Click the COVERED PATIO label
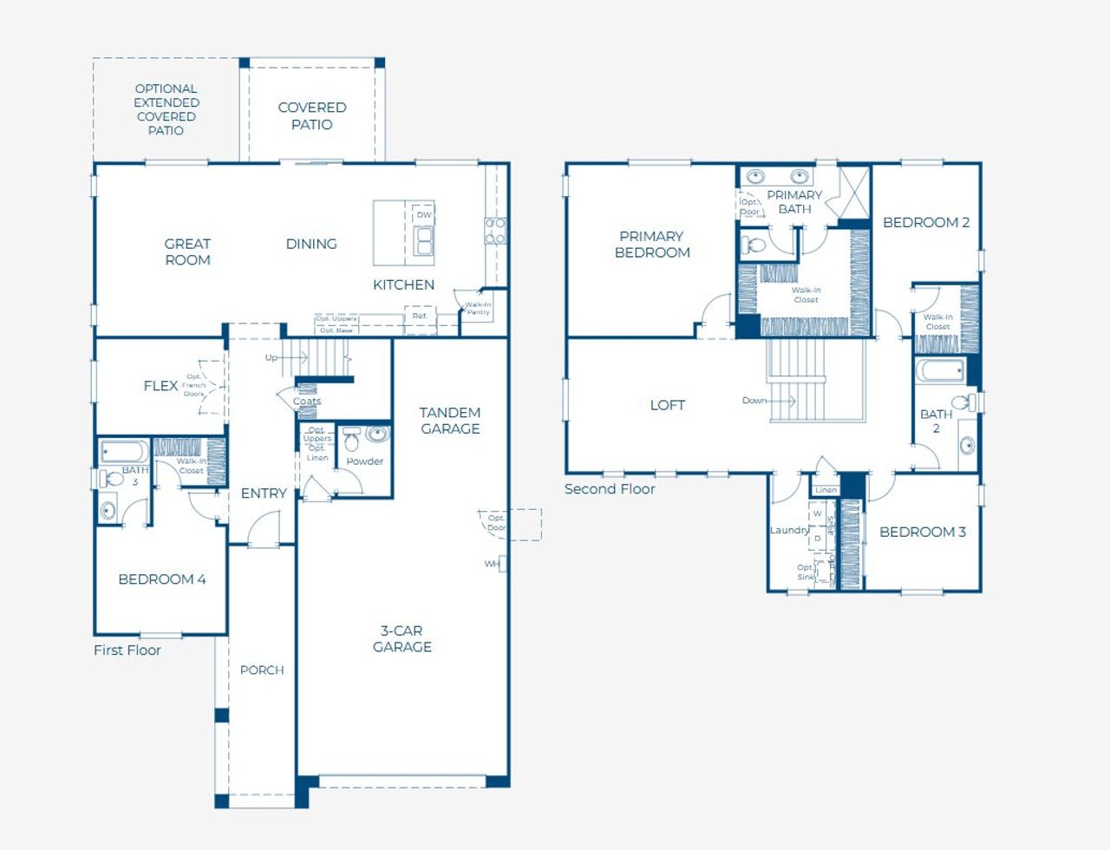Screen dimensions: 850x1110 coord(312,115)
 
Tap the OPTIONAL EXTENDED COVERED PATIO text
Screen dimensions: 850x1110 coord(166,109)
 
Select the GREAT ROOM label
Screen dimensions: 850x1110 coord(187,252)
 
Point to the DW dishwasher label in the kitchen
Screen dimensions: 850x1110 coord(423,215)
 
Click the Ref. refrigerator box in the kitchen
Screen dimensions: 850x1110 coord(420,317)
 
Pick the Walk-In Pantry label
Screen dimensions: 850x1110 coord(478,308)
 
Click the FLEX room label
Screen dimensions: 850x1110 coord(160,386)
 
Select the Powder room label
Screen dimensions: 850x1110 coord(364,461)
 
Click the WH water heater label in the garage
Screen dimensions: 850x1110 coord(493,564)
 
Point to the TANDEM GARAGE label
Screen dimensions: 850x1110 coord(450,421)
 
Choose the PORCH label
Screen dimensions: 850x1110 coord(262,670)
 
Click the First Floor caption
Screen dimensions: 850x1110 coord(127,650)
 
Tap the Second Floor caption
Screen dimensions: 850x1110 coord(610,488)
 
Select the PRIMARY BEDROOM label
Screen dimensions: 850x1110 coord(652,244)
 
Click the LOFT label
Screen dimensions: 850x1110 coord(667,405)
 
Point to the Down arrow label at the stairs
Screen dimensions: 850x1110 coord(754,401)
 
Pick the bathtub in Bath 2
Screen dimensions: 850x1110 coord(941,371)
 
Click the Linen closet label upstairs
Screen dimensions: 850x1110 coord(826,490)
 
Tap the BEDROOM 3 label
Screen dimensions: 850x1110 coord(922,532)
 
